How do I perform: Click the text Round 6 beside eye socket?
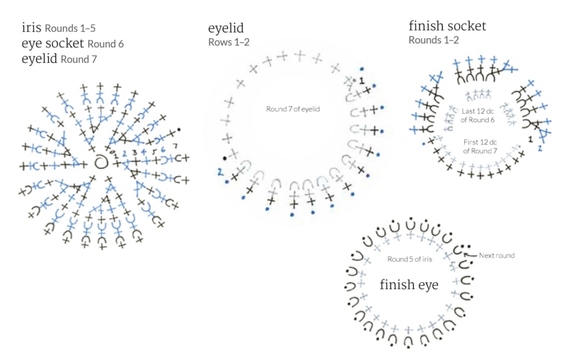pyautogui.click(x=105, y=44)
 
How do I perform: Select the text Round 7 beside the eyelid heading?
pyautogui.click(x=79, y=59)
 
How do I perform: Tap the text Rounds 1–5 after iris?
pyautogui.click(x=70, y=28)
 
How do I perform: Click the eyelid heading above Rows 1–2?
pyautogui.click(x=226, y=28)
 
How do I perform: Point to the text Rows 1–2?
pyautogui.click(x=229, y=42)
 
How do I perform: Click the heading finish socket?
pyautogui.click(x=447, y=25)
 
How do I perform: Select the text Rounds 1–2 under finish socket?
pyautogui.click(x=434, y=40)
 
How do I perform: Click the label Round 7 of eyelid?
pyautogui.click(x=293, y=109)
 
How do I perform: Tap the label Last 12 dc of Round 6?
pyautogui.click(x=478, y=115)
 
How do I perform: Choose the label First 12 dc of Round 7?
pyautogui.click(x=480, y=146)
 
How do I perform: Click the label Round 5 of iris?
pyautogui.click(x=410, y=259)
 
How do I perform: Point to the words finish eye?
pyautogui.click(x=409, y=284)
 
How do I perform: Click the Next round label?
pyautogui.click(x=497, y=255)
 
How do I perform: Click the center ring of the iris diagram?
pyautogui.click(x=101, y=163)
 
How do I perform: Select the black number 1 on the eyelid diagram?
pyautogui.click(x=362, y=81)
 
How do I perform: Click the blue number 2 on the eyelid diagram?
pyautogui.click(x=220, y=172)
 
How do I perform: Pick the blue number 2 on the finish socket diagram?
pyautogui.click(x=540, y=148)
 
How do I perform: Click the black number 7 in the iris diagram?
pyautogui.click(x=175, y=146)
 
